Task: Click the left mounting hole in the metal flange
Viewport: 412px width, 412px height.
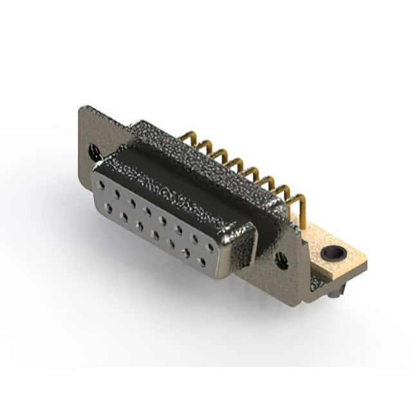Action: [x=95, y=153]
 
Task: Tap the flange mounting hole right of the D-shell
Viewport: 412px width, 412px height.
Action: [x=281, y=260]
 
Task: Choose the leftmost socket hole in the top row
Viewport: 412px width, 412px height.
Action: [x=102, y=185]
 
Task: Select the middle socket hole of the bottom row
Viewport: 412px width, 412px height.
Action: [x=154, y=234]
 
